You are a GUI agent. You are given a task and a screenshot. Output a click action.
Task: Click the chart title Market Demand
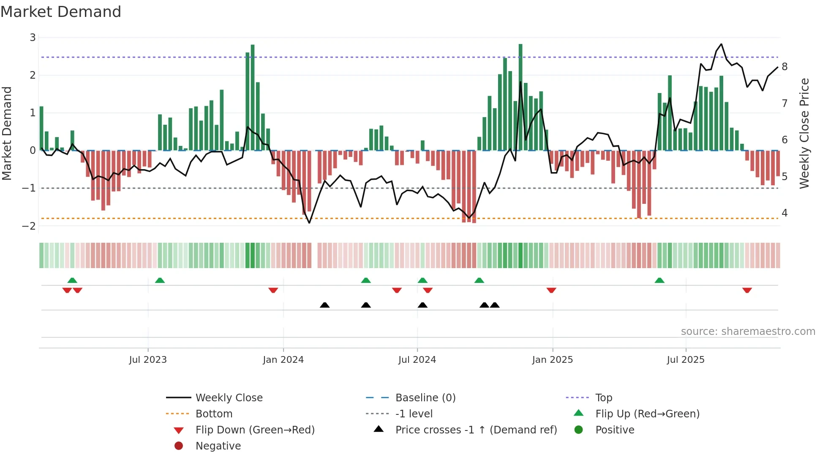tap(61, 12)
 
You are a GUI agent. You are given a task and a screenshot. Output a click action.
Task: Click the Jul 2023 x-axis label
tap(148, 360)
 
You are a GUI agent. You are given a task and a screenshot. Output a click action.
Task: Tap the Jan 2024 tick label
tap(283, 360)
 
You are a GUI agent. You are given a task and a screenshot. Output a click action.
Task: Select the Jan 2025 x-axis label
tap(552, 360)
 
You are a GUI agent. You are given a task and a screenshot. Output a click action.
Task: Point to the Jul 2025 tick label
tap(686, 360)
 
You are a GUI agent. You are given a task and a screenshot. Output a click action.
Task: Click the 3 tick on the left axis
tap(33, 38)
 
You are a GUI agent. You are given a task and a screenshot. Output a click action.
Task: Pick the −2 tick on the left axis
tap(29, 226)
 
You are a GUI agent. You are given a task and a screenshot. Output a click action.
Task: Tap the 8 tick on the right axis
tap(784, 67)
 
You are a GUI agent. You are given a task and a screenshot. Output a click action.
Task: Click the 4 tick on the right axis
tap(784, 213)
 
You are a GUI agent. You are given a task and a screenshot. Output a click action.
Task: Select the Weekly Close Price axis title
tap(804, 133)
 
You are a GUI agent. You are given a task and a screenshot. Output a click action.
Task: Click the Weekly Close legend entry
tap(229, 398)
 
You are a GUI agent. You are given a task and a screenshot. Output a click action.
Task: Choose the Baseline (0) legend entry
tap(425, 398)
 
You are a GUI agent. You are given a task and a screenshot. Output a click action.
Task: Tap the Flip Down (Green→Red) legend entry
tap(255, 430)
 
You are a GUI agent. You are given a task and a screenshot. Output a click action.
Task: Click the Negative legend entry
tap(218, 446)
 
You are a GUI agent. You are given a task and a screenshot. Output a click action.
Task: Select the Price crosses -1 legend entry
tap(476, 430)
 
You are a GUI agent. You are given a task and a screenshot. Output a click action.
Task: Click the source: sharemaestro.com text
tap(748, 332)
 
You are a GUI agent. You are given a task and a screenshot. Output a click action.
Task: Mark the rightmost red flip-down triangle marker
tap(747, 290)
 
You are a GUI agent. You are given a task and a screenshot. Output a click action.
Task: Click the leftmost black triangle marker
tap(324, 305)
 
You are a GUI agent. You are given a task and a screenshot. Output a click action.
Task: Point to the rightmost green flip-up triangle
tap(659, 280)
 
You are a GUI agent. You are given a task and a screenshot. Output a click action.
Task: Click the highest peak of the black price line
tap(721, 44)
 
